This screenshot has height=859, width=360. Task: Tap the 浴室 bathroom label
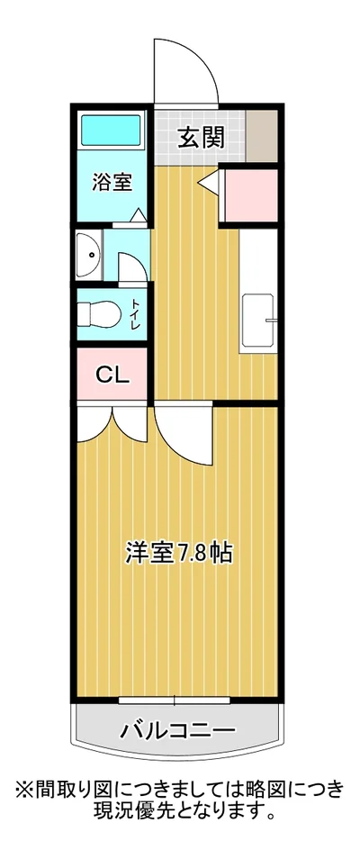coord(113,181)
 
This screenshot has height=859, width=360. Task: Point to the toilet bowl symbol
coord(96,314)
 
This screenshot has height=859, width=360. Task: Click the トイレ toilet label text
coord(135,313)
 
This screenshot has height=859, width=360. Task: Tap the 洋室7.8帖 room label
coord(178,552)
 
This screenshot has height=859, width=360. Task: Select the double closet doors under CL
coord(111,421)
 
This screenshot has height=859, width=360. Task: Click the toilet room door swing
coord(129,265)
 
